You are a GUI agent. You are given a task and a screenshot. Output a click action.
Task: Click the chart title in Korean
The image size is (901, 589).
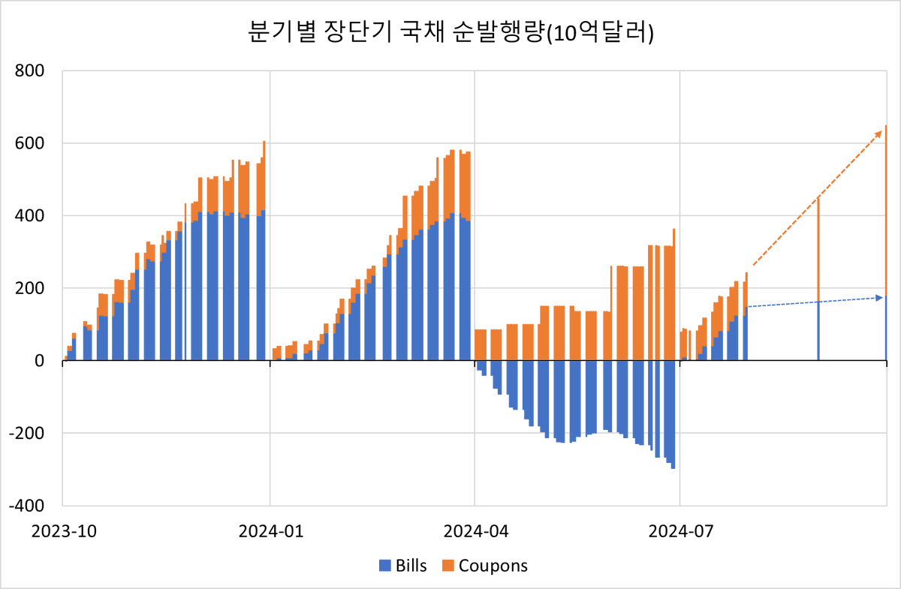pos(450,32)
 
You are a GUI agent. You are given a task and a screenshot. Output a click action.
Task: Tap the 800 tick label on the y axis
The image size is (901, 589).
pos(29,71)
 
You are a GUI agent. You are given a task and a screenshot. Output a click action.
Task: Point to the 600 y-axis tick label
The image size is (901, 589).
pos(29,143)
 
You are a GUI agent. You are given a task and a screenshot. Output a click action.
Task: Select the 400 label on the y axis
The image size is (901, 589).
pos(29,216)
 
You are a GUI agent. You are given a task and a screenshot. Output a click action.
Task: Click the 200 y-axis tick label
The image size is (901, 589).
pos(29,288)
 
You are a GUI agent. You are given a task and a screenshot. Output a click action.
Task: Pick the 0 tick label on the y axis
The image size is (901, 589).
pos(39,361)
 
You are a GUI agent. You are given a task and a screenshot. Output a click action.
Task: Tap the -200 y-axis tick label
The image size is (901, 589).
pos(27,434)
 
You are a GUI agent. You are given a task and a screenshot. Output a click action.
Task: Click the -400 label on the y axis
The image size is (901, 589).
pos(27,506)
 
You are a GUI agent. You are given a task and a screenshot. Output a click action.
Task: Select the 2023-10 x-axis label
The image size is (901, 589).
pos(64,531)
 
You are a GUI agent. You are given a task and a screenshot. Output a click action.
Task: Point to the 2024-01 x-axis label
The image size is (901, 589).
pos(271,531)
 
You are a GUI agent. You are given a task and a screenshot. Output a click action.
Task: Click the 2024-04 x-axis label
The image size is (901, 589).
pos(476,531)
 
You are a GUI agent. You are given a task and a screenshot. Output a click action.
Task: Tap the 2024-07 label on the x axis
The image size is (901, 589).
pos(680,531)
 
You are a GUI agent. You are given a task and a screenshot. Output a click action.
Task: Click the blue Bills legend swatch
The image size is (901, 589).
pos(385,566)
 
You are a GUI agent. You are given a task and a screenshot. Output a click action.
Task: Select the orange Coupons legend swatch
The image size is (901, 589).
pos(448,566)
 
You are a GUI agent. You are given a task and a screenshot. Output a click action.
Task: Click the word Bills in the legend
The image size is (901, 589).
pos(411,566)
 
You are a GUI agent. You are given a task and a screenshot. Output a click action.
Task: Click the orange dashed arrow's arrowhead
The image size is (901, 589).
pos(878,134)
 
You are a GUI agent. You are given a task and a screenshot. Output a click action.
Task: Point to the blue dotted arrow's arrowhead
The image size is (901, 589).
pos(879,298)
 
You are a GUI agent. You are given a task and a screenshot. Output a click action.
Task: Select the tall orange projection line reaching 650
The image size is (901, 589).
pos(886,210)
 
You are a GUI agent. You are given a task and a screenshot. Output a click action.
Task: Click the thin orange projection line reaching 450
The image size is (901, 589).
pos(818,250)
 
